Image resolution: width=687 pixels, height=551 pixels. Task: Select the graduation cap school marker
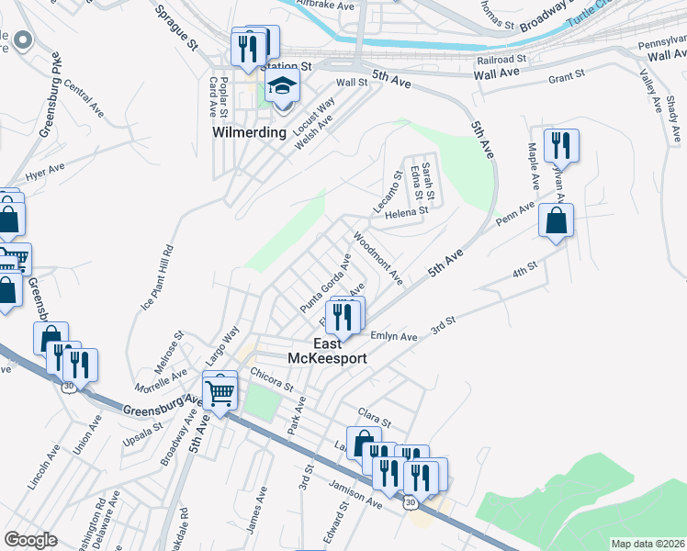283,89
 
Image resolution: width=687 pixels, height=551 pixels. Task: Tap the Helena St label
407,212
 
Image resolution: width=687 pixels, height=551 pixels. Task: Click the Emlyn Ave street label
395,337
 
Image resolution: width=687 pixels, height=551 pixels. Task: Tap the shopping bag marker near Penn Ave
556,221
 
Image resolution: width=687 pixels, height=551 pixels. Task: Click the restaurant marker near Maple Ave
558,146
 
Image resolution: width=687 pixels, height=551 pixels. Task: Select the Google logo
30,540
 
